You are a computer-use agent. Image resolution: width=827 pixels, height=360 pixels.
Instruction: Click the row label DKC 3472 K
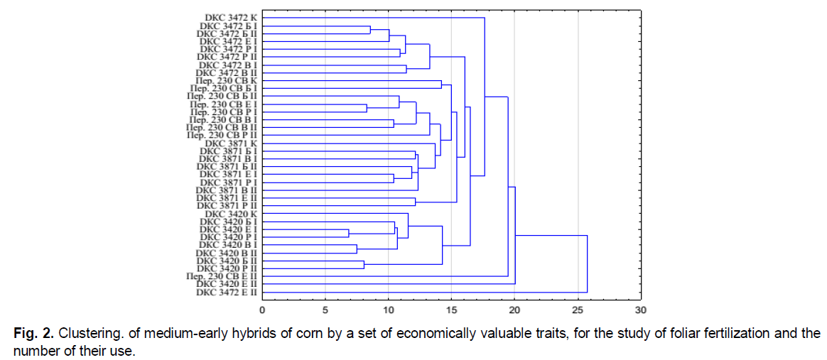tap(229, 17)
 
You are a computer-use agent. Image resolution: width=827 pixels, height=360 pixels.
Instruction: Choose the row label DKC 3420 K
tap(229, 214)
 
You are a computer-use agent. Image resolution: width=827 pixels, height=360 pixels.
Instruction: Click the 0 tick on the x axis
tap(262, 311)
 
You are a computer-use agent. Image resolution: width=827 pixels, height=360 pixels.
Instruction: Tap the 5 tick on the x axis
tap(325, 311)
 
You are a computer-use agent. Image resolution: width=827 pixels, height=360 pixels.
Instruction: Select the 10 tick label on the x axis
tap(388, 311)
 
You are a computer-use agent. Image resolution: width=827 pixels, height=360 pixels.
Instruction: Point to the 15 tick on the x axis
tap(451, 311)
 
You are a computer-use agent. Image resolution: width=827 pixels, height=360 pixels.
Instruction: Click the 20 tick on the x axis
tap(514, 311)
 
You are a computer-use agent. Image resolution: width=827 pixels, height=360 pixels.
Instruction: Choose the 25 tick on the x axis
tap(578, 311)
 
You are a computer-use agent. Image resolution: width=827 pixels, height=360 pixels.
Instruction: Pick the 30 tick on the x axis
tap(641, 311)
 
